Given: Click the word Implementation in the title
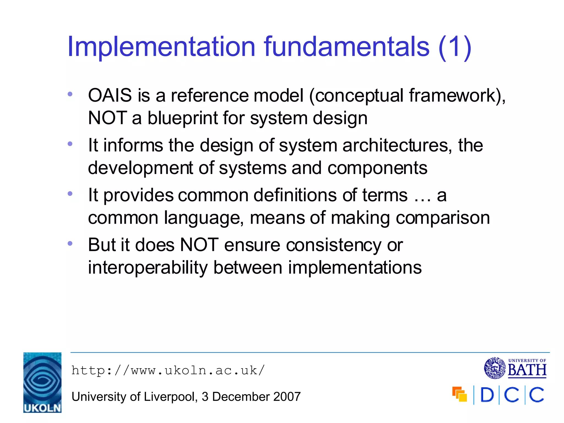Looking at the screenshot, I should tap(161, 47).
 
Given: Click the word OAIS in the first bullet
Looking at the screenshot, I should tap(110, 96).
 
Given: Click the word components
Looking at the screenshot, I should tap(377, 168).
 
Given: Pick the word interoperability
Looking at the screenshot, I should tap(148, 268).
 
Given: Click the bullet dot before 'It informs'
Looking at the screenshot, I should tap(70, 144).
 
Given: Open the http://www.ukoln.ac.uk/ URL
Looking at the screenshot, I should tap(168, 370).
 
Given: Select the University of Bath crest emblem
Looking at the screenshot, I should tap(495, 368).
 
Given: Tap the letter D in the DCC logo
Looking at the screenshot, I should tap(487, 395).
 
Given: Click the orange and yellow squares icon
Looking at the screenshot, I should tap(460, 394).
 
